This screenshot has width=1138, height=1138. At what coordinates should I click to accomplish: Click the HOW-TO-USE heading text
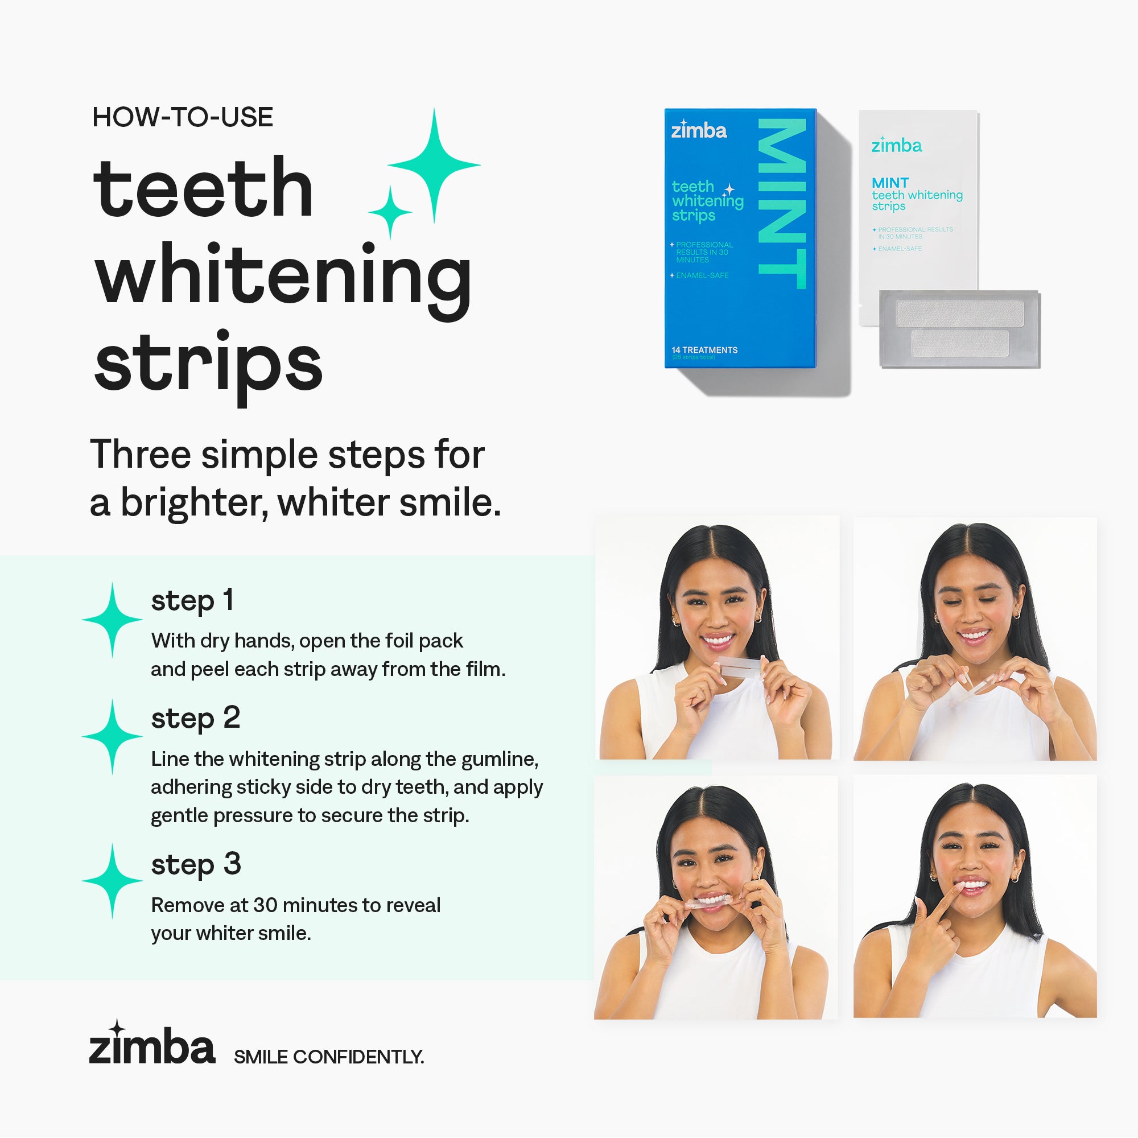pos(183,117)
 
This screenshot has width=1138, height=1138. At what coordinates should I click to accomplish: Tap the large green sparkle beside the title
pos(434,166)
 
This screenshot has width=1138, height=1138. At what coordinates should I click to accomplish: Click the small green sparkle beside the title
pos(389,212)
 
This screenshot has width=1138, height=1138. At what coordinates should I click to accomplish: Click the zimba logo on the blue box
pos(699,130)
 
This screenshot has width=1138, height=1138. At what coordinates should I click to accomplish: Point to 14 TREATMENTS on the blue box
pos(704,350)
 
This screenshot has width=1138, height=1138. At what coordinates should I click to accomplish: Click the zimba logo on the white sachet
pos(897,145)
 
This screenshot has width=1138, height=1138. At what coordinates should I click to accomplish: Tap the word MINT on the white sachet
pos(890,183)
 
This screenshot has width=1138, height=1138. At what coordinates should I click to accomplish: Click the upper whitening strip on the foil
pos(959,314)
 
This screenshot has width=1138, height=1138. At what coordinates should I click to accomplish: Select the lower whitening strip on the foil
pos(959,343)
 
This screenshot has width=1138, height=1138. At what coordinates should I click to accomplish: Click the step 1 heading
pos(192,601)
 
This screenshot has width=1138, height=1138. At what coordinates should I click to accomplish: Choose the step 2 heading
pos(196,719)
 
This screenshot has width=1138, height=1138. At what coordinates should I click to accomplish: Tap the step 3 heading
pos(196,865)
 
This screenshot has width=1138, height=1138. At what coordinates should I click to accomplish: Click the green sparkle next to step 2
pos(112,736)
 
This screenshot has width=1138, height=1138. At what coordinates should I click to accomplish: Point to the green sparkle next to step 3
pos(112,881)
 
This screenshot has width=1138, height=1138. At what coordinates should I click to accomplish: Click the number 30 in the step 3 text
pos(265,905)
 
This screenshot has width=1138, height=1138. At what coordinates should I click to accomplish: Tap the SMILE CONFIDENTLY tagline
pos(329,1057)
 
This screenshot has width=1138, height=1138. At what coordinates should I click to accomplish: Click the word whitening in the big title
pos(283,275)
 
